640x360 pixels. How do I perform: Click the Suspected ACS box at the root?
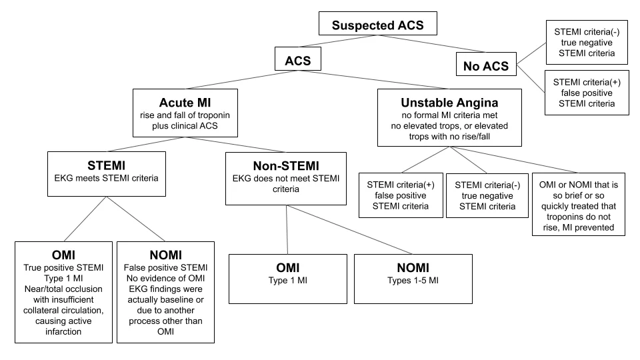377,24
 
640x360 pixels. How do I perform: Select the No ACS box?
486,64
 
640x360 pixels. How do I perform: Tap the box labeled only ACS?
298,59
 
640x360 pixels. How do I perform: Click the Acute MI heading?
185,103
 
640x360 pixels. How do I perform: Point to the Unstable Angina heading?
449,103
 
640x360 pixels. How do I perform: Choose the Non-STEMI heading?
286,166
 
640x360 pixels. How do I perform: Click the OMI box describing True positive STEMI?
64,292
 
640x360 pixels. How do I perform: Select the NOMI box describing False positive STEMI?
166,292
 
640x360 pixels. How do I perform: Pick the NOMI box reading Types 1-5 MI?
413,279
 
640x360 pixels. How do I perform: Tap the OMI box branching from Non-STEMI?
288,279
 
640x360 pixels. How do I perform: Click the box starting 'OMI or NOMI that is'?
579,205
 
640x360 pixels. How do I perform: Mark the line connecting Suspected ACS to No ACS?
432,44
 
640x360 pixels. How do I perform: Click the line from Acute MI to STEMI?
146,145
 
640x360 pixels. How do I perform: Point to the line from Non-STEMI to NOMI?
349,230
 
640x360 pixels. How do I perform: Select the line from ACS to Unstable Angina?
373,79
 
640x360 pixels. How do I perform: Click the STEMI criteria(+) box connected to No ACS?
587,93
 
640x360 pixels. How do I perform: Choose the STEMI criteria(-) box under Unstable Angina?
487,195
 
